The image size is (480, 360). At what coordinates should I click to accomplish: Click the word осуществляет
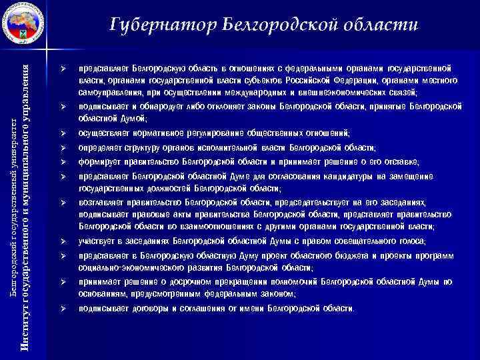point(105,133)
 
